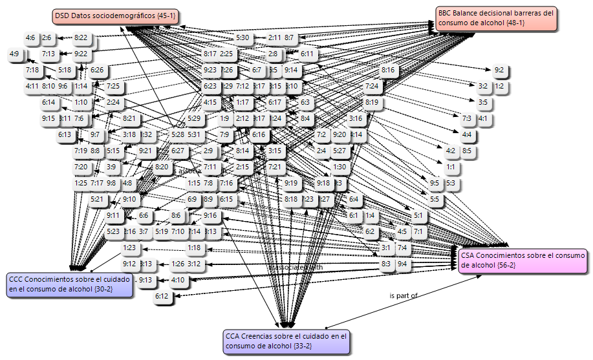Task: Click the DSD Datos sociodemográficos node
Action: (x=114, y=16)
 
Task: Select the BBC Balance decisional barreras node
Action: (x=496, y=18)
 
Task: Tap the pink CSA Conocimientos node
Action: (x=523, y=262)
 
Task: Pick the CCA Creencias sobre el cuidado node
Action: (x=286, y=342)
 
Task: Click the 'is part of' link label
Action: (x=404, y=295)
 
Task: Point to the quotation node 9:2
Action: (x=499, y=70)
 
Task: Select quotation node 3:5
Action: (x=483, y=102)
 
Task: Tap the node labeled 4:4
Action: (x=467, y=134)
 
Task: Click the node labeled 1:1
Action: (x=451, y=167)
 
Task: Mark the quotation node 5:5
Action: (x=435, y=200)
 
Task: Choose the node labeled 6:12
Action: (x=162, y=296)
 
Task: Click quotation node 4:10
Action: (x=178, y=280)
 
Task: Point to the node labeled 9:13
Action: (x=145, y=280)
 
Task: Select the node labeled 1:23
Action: (x=129, y=248)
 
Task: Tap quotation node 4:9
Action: (x=14, y=54)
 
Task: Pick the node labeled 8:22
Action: (x=81, y=37)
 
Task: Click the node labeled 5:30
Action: (x=243, y=37)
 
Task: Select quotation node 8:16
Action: (x=388, y=70)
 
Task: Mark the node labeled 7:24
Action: (x=372, y=86)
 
